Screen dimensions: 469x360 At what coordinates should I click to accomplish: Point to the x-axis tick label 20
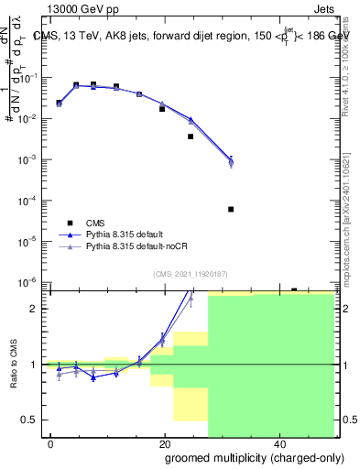[x=164, y=444]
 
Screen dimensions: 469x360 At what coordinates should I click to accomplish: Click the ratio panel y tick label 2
[x=35, y=309]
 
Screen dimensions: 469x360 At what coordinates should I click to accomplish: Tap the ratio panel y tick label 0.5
[x=31, y=420]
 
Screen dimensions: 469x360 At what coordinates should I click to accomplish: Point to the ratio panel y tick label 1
[x=35, y=365]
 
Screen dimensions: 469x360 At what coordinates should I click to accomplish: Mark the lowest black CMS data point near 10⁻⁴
[x=231, y=209]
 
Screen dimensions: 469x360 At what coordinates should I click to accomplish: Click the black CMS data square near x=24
[x=191, y=136]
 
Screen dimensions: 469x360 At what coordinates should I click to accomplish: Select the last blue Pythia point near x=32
[x=231, y=160]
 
